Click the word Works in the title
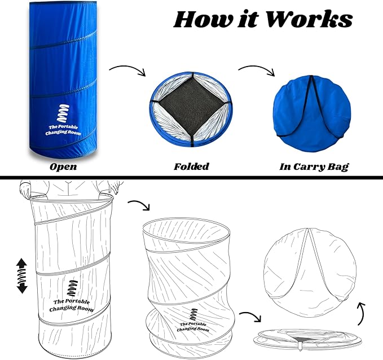309,19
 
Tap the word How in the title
203,19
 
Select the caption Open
63,167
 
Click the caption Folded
192,166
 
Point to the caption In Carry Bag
314,167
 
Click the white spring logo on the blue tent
63,113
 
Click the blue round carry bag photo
312,113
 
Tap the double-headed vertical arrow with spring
22,276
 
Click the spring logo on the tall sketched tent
73,288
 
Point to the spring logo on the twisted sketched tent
193,315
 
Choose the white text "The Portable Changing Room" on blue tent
63,130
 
